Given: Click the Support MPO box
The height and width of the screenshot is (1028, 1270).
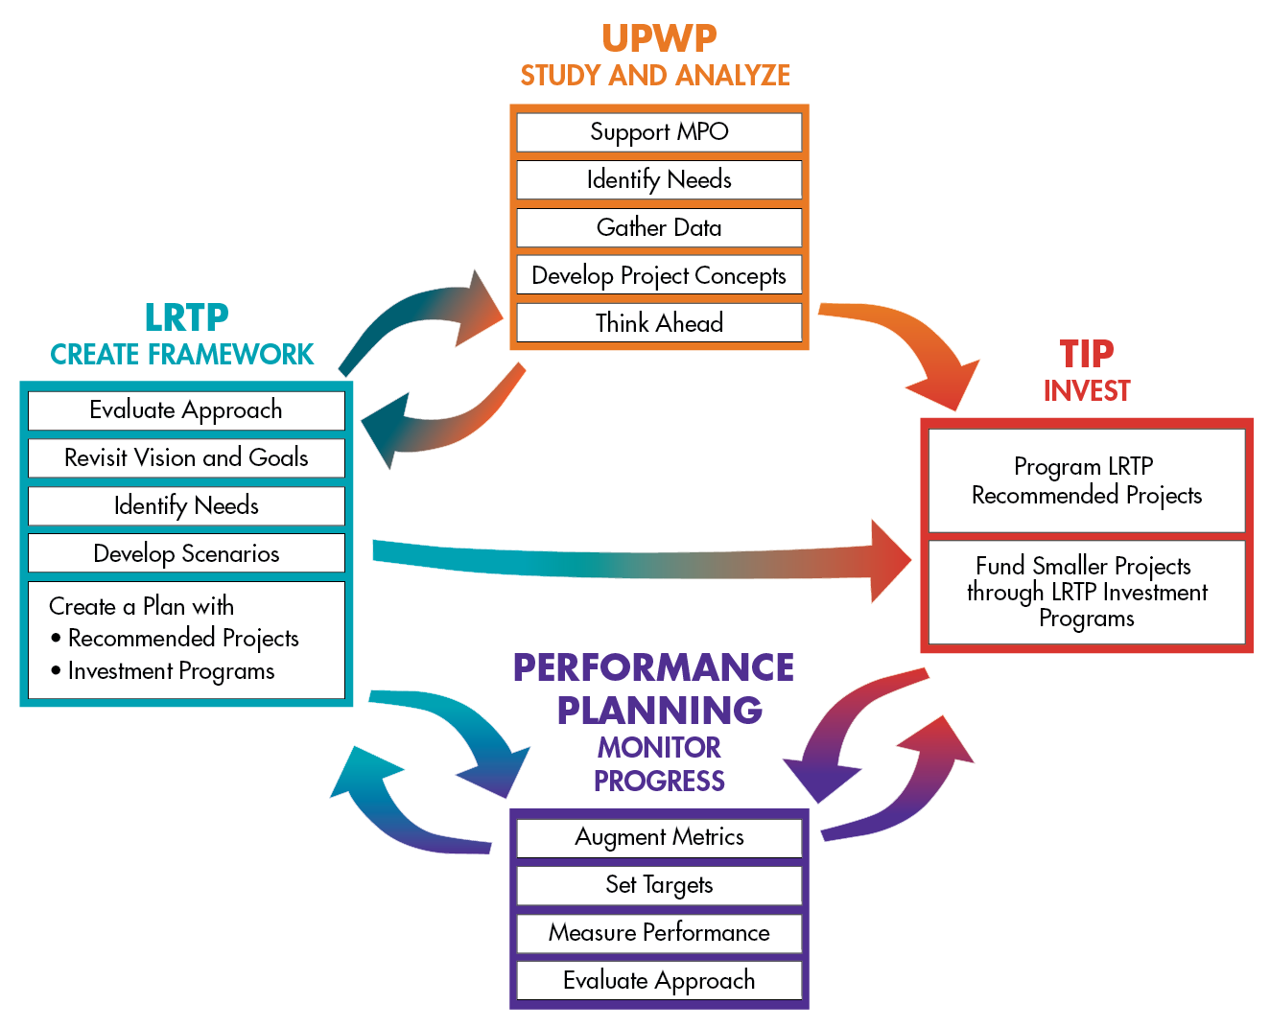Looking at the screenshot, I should [x=659, y=132].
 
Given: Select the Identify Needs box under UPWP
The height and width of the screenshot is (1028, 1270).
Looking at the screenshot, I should [x=659, y=179].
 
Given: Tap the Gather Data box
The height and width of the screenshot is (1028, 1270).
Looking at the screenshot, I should [x=659, y=227].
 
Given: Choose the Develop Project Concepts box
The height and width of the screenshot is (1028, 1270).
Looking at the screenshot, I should [x=659, y=275].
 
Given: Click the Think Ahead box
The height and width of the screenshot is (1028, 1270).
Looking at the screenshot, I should [x=659, y=323].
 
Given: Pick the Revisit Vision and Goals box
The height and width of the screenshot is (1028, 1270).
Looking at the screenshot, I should [x=186, y=457].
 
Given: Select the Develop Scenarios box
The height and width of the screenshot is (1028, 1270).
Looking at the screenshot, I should [x=186, y=553].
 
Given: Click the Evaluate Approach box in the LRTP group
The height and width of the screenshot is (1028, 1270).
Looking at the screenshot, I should [x=186, y=410].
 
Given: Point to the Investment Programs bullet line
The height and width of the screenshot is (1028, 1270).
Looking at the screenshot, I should [x=171, y=671].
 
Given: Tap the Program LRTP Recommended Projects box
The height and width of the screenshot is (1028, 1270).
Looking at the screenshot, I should [x=1086, y=480].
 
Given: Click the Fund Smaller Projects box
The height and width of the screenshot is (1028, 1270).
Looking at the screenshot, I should [x=1086, y=592].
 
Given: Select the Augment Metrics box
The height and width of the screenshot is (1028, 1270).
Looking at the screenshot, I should [x=659, y=837].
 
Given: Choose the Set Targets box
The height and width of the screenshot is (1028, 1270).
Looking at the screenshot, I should [x=659, y=885].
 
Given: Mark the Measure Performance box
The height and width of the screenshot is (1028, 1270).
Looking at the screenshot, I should [x=659, y=933].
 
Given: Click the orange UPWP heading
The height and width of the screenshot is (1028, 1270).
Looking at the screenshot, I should [x=659, y=38].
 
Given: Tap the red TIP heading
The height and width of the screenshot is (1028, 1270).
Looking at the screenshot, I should [x=1086, y=354].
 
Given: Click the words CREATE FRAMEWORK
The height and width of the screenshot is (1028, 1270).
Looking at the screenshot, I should [x=181, y=355].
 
